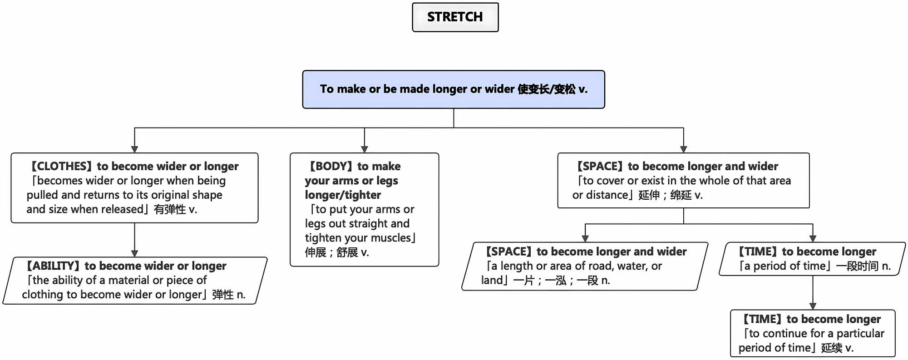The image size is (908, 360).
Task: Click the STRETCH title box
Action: (x=455, y=17)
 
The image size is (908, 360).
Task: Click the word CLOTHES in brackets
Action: (x=61, y=166)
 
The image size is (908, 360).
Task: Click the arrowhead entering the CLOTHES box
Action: (x=134, y=149)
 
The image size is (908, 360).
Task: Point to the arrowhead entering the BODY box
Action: (x=364, y=149)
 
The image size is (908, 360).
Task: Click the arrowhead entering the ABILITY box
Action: (x=134, y=253)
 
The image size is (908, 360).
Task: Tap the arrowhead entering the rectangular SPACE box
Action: (x=683, y=149)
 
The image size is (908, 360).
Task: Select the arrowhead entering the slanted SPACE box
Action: (x=585, y=238)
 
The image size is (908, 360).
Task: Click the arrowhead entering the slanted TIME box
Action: (x=813, y=238)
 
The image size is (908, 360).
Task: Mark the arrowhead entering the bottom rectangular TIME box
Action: (x=813, y=306)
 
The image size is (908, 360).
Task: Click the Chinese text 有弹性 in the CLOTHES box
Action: (x=170, y=209)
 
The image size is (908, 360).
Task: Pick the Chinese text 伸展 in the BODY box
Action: (x=316, y=252)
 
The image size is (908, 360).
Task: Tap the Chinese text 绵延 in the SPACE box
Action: (x=681, y=195)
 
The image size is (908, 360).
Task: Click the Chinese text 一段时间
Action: (x=857, y=266)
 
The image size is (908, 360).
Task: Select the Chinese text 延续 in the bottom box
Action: (x=832, y=348)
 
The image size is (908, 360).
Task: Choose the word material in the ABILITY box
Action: (x=127, y=280)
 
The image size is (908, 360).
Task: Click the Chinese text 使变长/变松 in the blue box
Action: (x=546, y=89)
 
